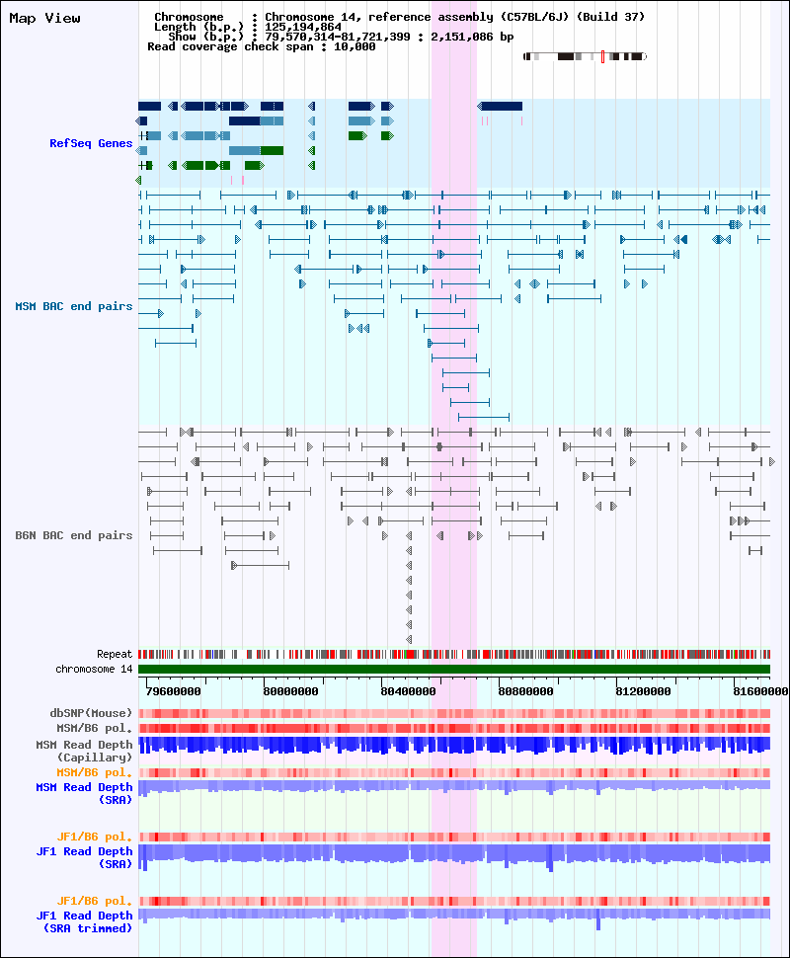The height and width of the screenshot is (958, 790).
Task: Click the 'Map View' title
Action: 44,18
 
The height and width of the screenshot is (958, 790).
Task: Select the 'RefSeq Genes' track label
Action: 91,143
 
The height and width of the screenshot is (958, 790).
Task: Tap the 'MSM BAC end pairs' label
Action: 73,306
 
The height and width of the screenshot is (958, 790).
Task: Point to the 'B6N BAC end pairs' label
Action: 73,535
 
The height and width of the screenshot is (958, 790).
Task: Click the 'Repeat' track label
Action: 115,654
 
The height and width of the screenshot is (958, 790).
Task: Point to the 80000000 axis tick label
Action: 290,691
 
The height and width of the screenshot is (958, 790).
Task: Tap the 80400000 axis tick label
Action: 406,691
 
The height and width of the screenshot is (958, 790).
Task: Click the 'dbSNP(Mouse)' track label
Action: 91,713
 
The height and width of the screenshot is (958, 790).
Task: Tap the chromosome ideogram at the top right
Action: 585,56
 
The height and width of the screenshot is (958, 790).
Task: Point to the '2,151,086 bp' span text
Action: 472,37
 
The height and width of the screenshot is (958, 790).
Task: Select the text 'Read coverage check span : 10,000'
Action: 262,46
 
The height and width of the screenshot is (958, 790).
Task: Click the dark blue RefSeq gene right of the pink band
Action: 501,106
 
